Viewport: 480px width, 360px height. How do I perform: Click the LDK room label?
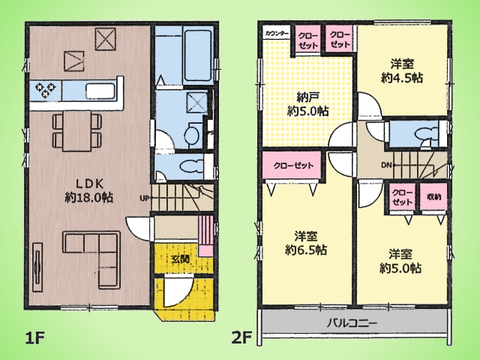89,190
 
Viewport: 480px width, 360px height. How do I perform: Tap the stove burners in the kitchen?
46,90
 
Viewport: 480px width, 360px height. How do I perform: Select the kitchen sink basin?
100,91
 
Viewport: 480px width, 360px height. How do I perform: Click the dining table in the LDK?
76,131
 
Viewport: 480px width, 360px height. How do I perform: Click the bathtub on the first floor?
197,57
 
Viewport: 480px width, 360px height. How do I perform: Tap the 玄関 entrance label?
180,259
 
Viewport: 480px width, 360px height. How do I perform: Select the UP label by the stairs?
145,198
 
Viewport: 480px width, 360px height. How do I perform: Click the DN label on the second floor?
386,165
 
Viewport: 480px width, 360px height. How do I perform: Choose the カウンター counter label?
277,33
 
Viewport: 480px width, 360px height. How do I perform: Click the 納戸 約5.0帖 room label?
308,104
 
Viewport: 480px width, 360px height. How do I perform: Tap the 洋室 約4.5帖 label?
402,71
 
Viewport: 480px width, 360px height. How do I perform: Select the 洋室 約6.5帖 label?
306,243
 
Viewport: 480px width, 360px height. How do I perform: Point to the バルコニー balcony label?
352,323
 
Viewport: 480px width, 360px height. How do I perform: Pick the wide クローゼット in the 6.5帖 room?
293,166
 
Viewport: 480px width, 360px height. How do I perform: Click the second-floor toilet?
427,134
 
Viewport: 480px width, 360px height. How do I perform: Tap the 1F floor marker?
35,338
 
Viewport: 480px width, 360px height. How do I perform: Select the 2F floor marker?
241,338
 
